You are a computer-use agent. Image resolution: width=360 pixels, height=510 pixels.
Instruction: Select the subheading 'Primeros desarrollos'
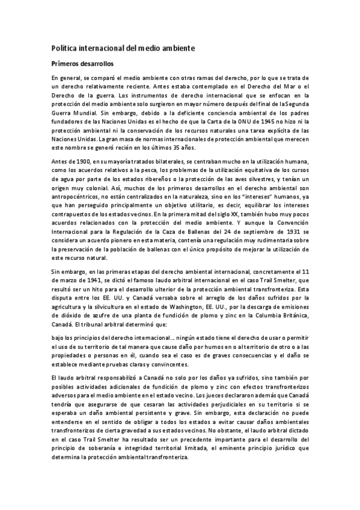82,63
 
